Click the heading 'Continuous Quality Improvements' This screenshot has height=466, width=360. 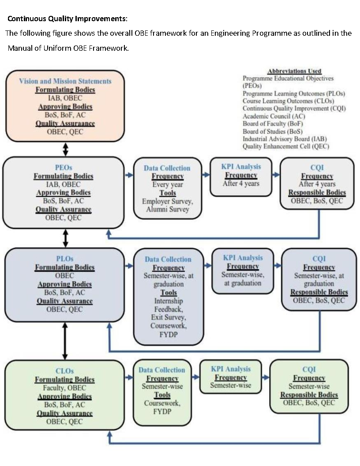coord(67,19)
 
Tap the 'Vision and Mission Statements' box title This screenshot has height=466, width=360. coord(65,81)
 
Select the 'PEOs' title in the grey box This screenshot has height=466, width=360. coord(64,168)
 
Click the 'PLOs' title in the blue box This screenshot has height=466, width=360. coord(64,259)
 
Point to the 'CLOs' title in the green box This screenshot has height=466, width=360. coord(64,371)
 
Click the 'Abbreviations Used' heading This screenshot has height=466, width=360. coord(294,71)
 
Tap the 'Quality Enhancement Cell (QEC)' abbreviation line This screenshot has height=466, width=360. coord(286,147)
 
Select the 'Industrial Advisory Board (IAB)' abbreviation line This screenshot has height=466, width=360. coord(285,139)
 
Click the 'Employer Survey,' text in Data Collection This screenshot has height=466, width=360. coord(168,201)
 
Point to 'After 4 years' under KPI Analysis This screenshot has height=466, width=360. coord(241,184)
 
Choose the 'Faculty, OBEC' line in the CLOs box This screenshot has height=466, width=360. coord(64,388)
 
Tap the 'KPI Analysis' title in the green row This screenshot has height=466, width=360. coord(230,369)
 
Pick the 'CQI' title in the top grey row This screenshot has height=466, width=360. coord(317,168)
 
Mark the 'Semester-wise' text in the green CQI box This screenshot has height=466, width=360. coord(309,387)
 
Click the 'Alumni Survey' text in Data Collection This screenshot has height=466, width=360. coord(168,209)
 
